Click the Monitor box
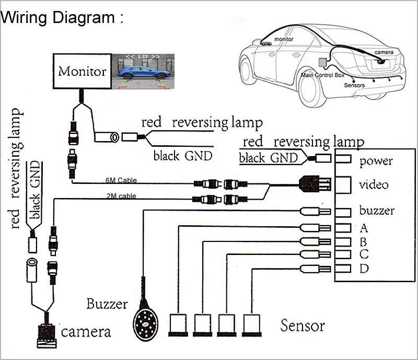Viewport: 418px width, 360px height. click(x=82, y=71)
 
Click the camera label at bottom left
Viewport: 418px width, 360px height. click(x=86, y=332)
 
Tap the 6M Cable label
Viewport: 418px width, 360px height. click(x=121, y=180)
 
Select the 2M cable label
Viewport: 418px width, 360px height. click(x=121, y=196)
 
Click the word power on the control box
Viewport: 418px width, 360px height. click(x=376, y=161)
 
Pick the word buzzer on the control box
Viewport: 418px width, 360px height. click(x=376, y=211)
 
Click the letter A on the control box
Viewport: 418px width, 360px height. click(x=364, y=228)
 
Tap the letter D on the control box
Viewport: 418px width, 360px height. click(x=364, y=269)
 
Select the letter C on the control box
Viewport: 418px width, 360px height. click(x=364, y=255)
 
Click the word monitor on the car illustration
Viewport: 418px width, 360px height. click(x=284, y=39)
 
